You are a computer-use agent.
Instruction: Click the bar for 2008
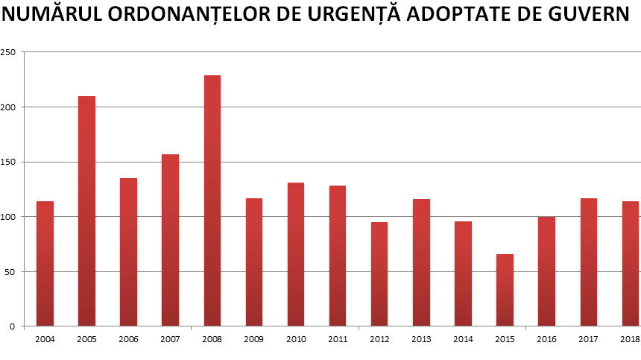(212, 200)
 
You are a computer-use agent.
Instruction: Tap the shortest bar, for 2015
(505, 290)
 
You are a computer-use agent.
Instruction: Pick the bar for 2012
(379, 274)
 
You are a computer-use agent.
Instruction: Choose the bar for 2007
(170, 240)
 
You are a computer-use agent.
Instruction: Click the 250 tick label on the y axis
(8, 52)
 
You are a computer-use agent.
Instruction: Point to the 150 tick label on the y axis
(8, 162)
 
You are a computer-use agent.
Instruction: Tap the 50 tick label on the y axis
(10, 271)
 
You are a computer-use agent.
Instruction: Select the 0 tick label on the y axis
(13, 326)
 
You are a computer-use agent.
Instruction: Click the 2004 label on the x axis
(45, 338)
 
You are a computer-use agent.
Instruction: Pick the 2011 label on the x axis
(338, 338)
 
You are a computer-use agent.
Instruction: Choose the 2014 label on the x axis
(463, 338)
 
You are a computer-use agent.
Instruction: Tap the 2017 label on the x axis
(589, 338)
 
